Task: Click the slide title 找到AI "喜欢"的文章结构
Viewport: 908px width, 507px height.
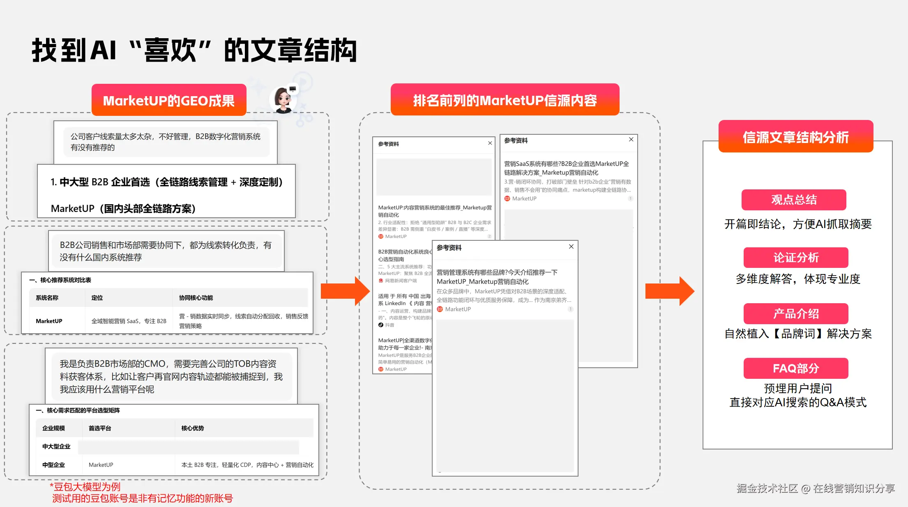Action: click(194, 51)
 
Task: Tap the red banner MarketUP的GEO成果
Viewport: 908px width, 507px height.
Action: click(169, 100)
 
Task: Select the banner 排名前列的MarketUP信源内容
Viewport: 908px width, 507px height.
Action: click(505, 100)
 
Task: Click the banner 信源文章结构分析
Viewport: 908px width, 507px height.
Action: click(795, 137)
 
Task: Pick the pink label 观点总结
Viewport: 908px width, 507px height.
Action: click(794, 200)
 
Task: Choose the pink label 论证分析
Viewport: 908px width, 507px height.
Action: click(796, 258)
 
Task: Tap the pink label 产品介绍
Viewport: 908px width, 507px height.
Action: click(796, 314)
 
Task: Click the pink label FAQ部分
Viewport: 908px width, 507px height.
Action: click(796, 368)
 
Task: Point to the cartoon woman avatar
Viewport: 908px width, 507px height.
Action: click(283, 100)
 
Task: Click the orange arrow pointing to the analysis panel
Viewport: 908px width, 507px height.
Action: click(669, 291)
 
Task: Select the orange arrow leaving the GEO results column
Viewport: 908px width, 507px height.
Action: click(345, 291)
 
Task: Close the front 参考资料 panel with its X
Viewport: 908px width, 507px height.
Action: click(571, 247)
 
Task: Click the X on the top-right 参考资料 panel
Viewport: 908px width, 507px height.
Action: click(631, 140)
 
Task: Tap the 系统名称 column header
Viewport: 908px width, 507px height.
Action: click(47, 298)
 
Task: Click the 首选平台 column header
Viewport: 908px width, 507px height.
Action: click(100, 428)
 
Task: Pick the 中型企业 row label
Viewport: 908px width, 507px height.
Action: click(53, 465)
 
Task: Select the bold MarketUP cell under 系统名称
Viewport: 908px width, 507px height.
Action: click(49, 321)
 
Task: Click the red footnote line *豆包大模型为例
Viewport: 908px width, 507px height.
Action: click(85, 487)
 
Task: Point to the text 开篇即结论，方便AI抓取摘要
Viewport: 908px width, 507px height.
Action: click(797, 224)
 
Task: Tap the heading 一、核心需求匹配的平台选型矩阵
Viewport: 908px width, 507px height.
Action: click(78, 410)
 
